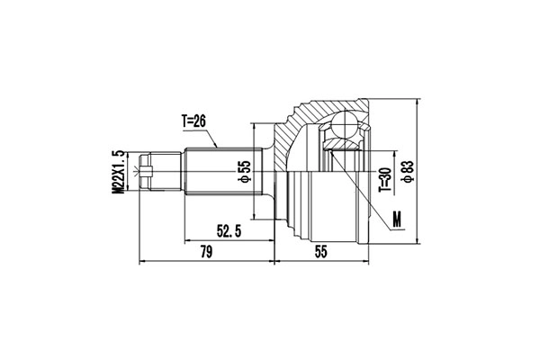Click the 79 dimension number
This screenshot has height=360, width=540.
[x=205, y=253]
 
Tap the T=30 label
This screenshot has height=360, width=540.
[x=384, y=179]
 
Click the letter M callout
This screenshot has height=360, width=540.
[x=399, y=216]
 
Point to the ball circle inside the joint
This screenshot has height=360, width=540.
[x=346, y=127]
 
